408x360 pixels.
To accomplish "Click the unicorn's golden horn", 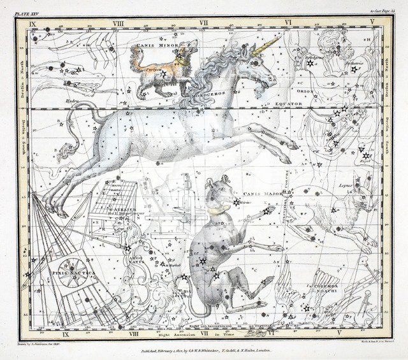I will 268,45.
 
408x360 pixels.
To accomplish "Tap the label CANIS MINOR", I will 152,47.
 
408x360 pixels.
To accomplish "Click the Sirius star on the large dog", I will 237,203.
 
